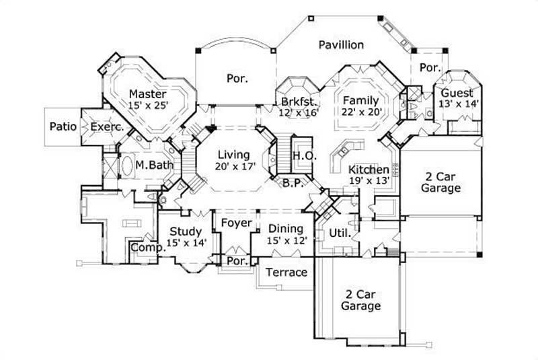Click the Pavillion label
[x=341, y=45]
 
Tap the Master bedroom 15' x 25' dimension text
[x=148, y=105]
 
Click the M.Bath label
[x=151, y=164]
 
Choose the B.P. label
[x=291, y=182]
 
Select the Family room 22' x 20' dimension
[x=361, y=112]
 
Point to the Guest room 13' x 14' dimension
[x=456, y=104]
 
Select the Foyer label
[x=236, y=223]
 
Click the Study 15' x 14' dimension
[x=186, y=244]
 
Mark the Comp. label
[x=148, y=248]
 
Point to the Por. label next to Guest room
[x=430, y=67]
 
